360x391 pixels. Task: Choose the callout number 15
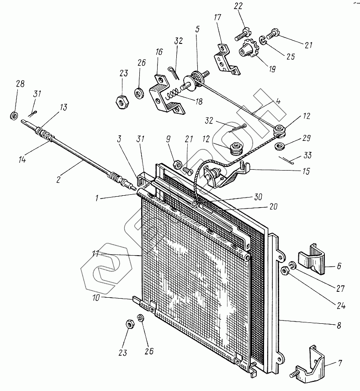[306, 171]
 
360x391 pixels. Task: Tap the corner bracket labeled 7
[313, 363]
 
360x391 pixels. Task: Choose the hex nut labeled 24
[284, 271]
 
